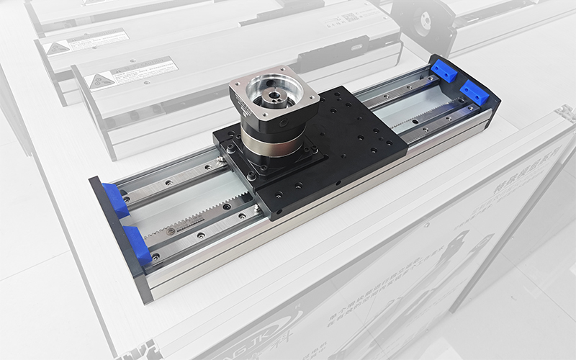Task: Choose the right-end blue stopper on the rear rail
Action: click(444, 71)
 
